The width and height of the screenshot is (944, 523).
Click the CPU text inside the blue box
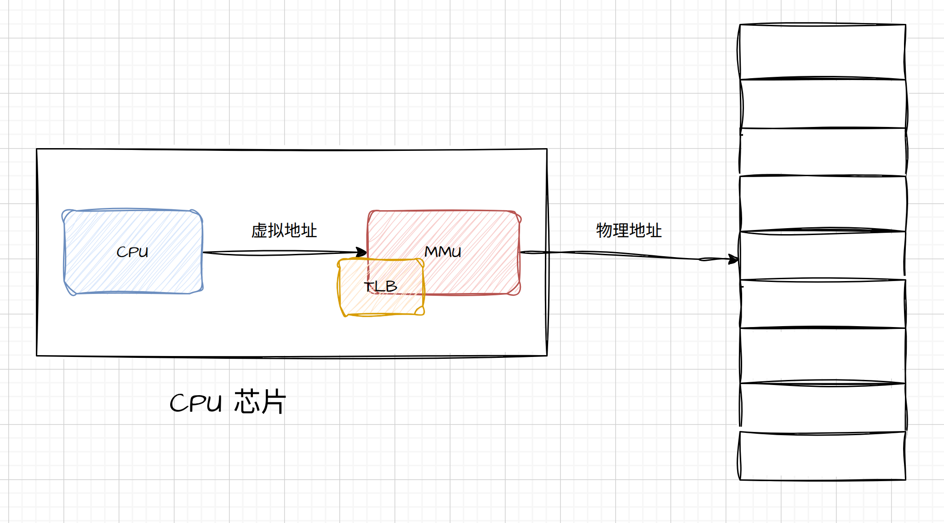[x=132, y=252]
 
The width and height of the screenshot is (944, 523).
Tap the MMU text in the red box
[x=442, y=252]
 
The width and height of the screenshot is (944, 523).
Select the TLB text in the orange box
[x=380, y=287]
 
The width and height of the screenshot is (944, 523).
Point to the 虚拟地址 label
[x=284, y=230]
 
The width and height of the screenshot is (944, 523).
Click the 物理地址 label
[x=629, y=230]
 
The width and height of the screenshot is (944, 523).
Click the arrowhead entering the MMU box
[x=362, y=252]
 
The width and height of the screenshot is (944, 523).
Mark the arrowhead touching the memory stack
[x=734, y=259]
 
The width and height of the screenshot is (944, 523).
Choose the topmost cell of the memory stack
[x=823, y=52]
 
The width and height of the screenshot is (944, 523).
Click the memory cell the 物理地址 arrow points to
[x=823, y=256]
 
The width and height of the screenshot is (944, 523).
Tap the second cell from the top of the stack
[x=823, y=104]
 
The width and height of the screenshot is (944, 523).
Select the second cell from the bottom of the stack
[x=823, y=407]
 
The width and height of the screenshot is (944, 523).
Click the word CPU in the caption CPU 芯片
[x=196, y=403]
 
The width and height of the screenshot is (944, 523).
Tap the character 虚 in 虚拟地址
[x=259, y=230]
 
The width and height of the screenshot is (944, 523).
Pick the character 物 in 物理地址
[x=604, y=230]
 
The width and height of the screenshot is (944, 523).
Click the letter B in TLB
[x=391, y=287]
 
